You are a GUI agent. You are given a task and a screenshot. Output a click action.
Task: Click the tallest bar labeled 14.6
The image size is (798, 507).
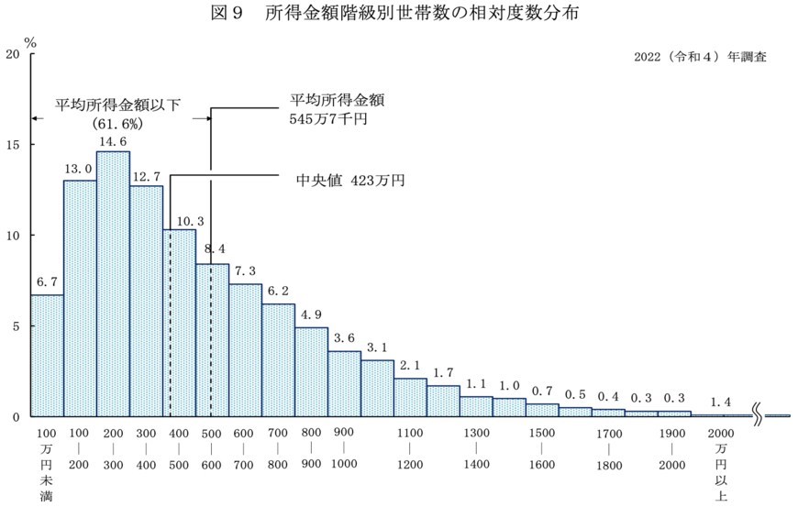tap(113, 284)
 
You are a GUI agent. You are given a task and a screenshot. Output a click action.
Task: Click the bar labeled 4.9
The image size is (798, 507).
tap(311, 372)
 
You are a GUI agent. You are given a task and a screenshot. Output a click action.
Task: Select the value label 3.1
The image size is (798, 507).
tap(377, 348)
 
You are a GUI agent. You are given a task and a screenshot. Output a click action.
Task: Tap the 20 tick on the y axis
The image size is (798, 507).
tap(12, 54)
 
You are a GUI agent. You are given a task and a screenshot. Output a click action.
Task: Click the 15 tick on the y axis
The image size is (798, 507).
tap(12, 145)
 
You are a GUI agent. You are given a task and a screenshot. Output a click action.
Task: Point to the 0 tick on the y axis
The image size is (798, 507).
tap(16, 417)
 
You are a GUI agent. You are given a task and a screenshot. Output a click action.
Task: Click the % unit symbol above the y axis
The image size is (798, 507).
tap(30, 41)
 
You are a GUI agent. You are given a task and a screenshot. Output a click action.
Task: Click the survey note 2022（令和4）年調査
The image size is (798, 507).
tap(700, 56)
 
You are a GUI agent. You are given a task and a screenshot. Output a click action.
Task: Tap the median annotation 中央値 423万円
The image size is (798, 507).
tap(347, 181)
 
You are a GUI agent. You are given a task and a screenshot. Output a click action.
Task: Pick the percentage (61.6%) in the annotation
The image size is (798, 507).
tap(118, 122)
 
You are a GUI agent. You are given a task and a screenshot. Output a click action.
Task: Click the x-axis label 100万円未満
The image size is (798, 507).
tap(47, 464)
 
